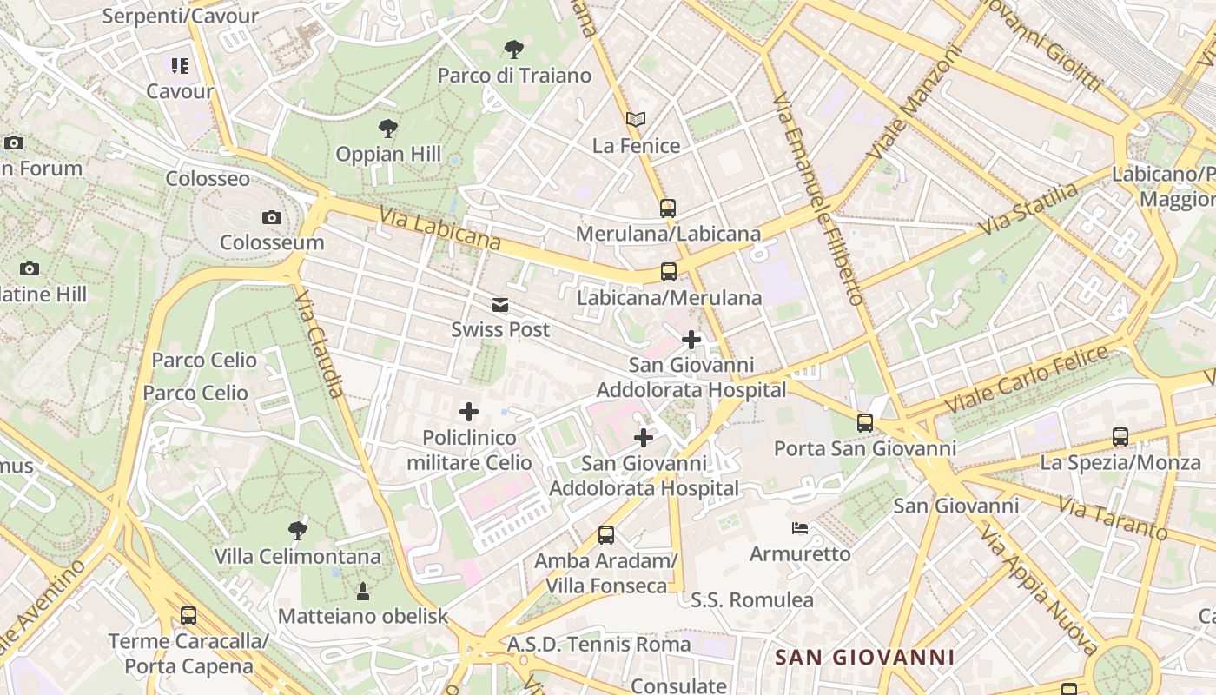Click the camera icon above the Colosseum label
pos(272,218)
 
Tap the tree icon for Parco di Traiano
pos(514,49)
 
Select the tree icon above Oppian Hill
pos(388,129)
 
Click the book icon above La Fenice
pos(636,119)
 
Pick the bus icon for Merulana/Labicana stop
pos(667,208)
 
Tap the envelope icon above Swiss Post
pos(500,305)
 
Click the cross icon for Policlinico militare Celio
pos(469,412)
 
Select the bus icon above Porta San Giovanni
pos(865,423)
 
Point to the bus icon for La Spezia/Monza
pos(1120,437)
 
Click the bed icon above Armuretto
pos(800,528)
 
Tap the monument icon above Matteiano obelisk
pos(363,592)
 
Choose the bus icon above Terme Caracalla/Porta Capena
pos(188,616)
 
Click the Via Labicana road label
pos(439,228)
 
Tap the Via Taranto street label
pos(1112,518)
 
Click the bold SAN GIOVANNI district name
pos(864,658)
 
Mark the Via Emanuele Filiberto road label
pos(817,199)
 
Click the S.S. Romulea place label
pos(752,600)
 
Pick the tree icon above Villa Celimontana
pos(297,530)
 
